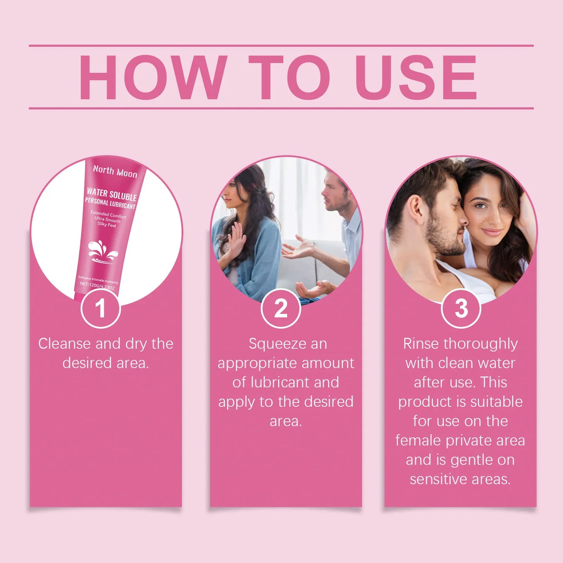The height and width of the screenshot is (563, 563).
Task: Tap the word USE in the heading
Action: [415, 77]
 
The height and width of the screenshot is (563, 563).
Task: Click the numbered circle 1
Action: [101, 309]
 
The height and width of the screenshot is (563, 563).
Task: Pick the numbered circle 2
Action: [281, 309]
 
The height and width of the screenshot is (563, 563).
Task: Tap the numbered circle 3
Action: [461, 309]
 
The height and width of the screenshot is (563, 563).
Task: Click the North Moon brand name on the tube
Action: [115, 171]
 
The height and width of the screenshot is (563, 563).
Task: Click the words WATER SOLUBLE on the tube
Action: [112, 194]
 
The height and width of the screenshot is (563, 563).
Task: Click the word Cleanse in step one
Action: [65, 344]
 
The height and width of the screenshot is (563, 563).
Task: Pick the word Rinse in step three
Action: [421, 344]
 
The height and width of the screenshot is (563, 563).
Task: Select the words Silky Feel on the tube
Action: [107, 225]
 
